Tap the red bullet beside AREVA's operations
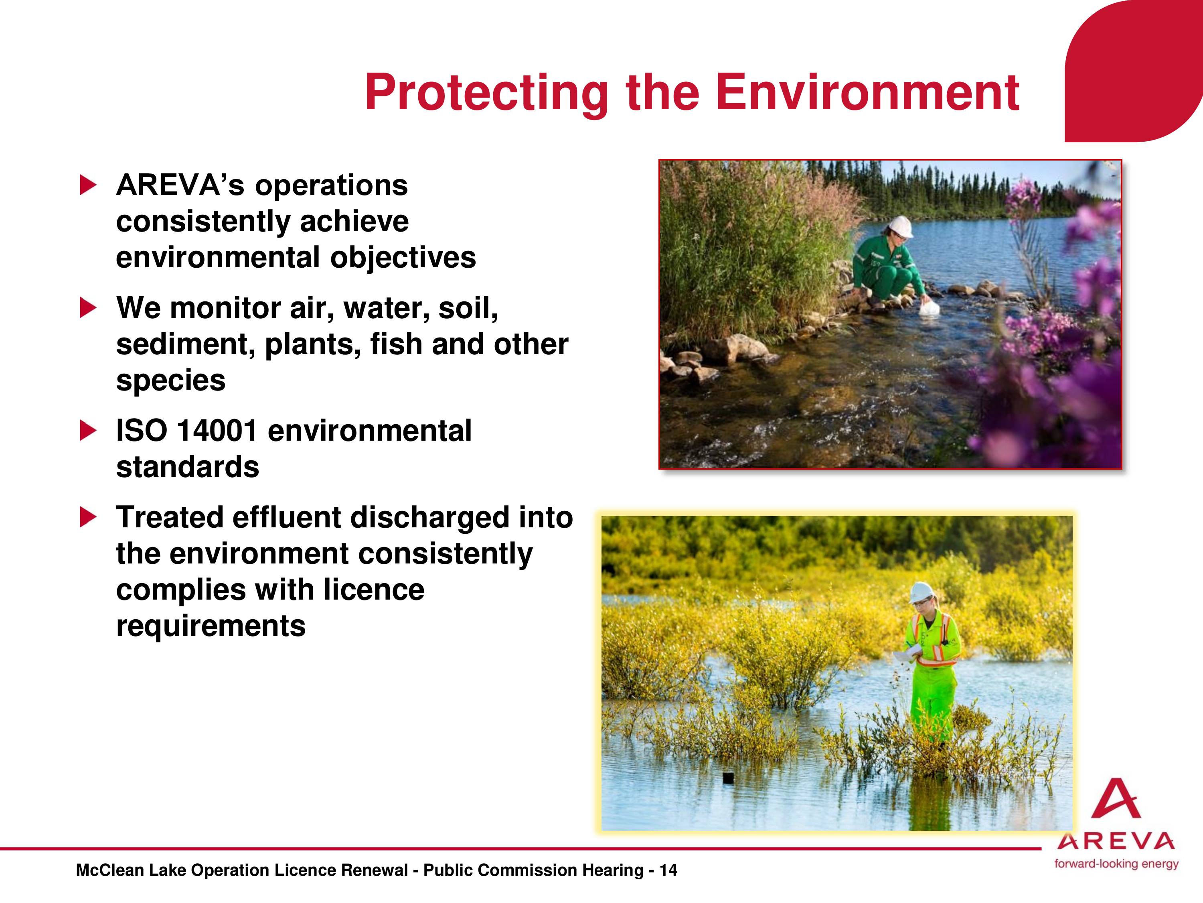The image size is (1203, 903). [x=89, y=185]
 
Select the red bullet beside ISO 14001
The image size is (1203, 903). [x=89, y=431]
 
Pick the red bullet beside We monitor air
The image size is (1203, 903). [x=89, y=308]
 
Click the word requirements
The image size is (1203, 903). [x=211, y=626]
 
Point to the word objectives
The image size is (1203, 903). [x=403, y=258]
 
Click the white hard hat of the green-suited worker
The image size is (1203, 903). [x=900, y=226]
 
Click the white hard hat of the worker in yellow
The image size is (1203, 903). [x=921, y=592]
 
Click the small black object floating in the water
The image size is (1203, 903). [x=728, y=778]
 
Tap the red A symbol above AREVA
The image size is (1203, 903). [x=1116, y=799]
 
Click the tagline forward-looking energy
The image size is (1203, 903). [x=1116, y=864]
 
